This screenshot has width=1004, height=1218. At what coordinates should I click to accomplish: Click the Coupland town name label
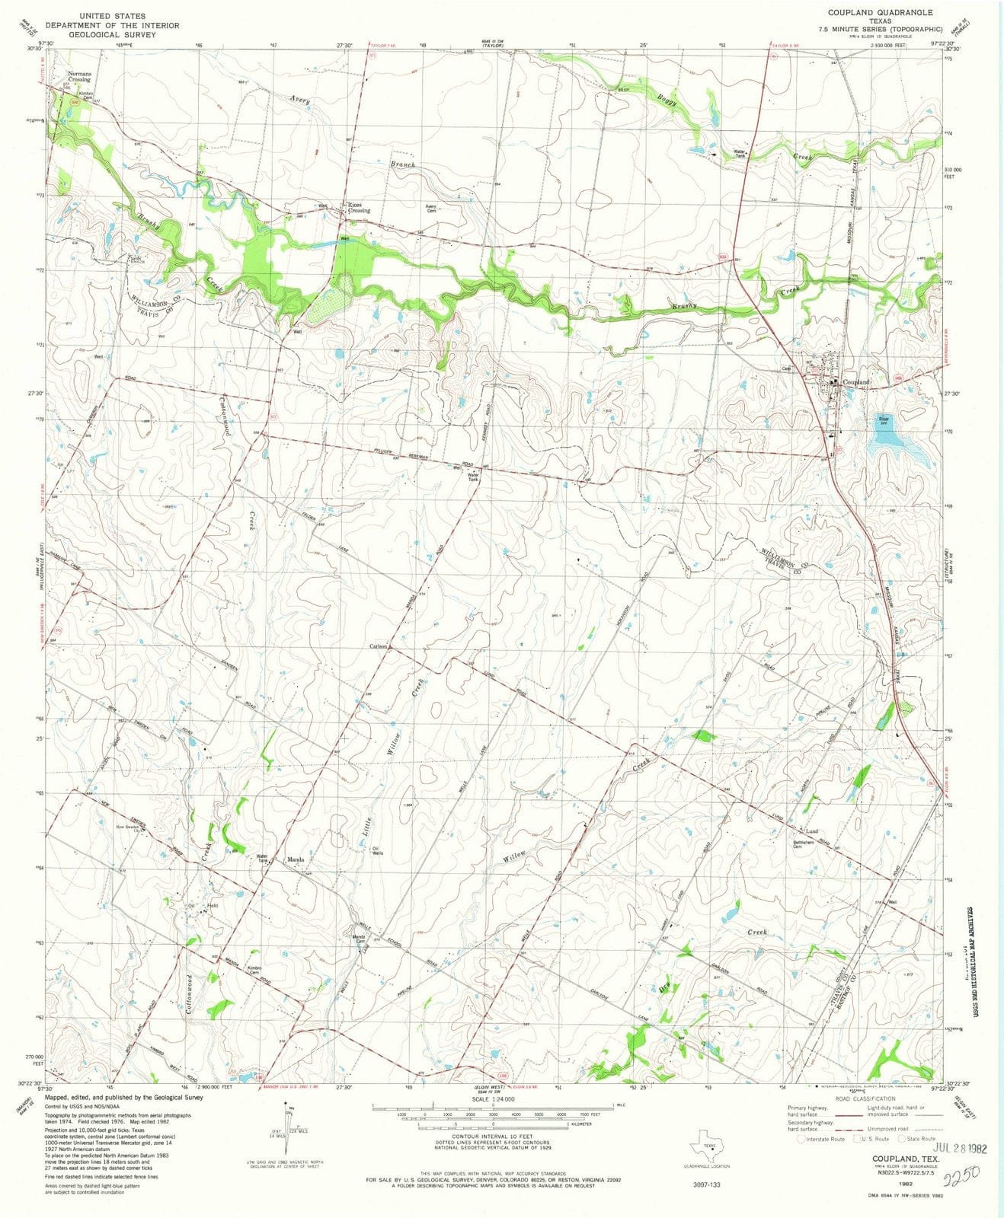pos(856,381)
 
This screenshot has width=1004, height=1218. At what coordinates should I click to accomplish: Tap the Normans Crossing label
pos(79,76)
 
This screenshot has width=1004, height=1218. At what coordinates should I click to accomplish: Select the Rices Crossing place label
pos(359,207)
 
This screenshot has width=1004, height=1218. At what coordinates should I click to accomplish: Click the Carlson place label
pos(379,646)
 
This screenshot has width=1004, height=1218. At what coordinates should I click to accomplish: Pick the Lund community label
pos(812,831)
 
